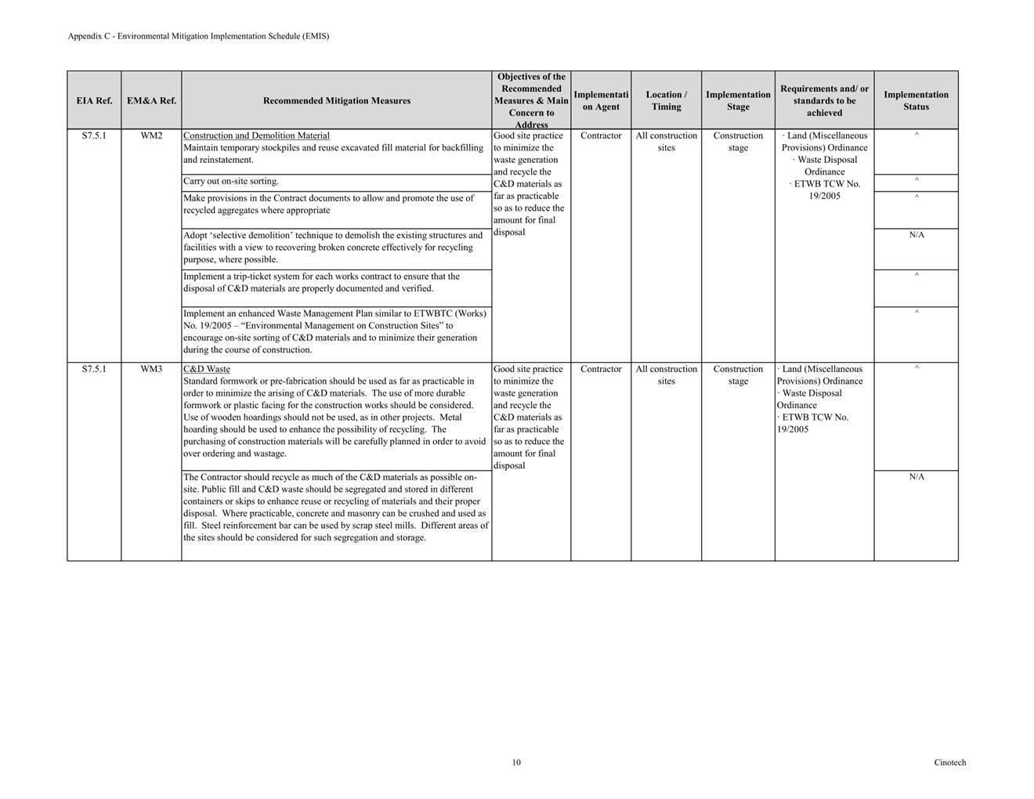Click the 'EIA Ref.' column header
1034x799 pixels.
(x=94, y=101)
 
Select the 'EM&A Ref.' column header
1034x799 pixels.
(x=151, y=101)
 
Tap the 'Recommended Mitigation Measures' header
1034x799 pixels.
(x=337, y=101)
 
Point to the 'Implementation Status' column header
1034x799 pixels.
(x=916, y=101)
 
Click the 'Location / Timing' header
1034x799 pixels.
(x=666, y=101)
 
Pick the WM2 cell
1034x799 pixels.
(x=151, y=136)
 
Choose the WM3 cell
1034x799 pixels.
(x=151, y=370)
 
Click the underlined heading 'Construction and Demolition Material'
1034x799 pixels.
(x=256, y=136)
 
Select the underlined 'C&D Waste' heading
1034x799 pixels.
(x=207, y=370)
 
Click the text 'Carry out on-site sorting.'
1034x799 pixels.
(x=231, y=182)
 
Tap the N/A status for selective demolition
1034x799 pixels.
(x=916, y=235)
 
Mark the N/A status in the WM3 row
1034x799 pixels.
(x=916, y=477)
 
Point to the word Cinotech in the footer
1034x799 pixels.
(x=949, y=763)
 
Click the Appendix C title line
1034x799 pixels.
(x=198, y=36)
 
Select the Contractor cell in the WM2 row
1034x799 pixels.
(x=601, y=136)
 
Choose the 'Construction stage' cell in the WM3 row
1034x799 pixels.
(x=738, y=375)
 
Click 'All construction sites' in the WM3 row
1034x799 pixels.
(x=666, y=375)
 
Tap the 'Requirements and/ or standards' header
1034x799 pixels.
(x=824, y=101)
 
